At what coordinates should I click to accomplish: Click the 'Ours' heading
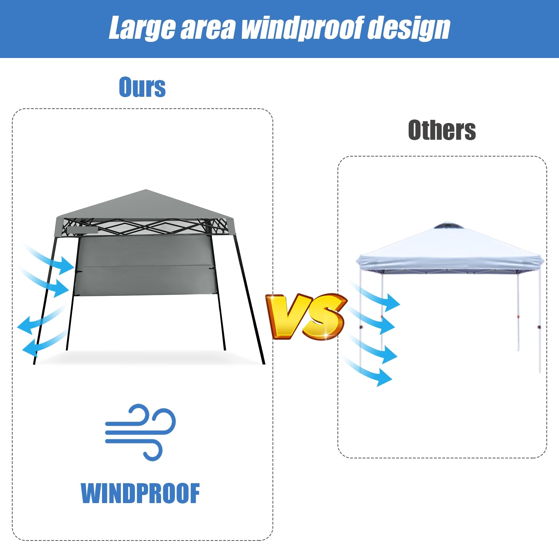[x=142, y=87]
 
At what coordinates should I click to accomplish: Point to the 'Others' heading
[x=442, y=130]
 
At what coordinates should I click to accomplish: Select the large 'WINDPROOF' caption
[x=140, y=493]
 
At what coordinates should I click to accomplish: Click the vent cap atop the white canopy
[x=449, y=226]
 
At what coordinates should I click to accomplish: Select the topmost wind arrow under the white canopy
[x=377, y=297]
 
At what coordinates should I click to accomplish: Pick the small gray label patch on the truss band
[x=82, y=230]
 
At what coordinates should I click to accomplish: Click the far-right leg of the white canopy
[x=539, y=321]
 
